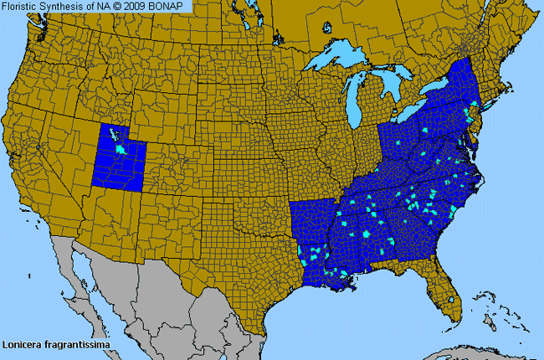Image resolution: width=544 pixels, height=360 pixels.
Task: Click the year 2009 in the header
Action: tap(137, 6)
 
